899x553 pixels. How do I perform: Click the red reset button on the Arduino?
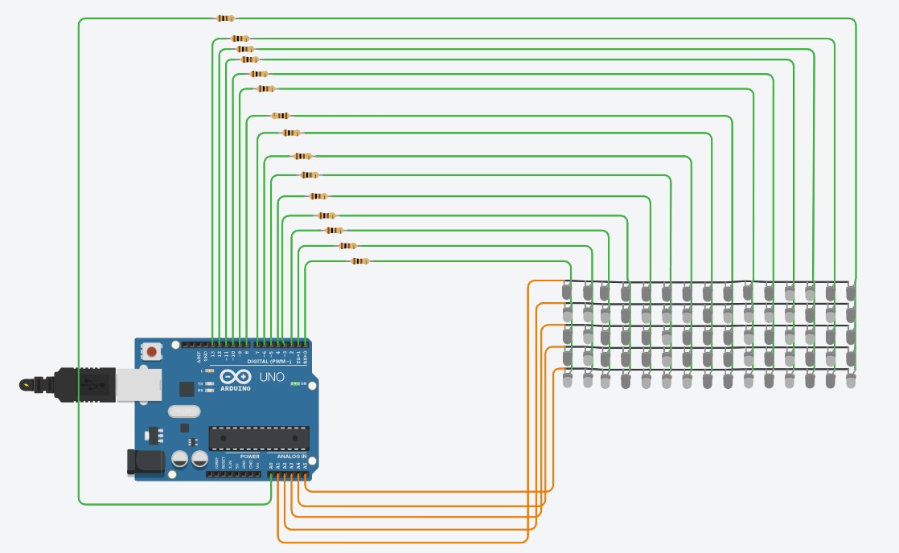coord(150,350)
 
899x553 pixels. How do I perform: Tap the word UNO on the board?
coord(271,377)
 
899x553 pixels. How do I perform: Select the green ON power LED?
coord(296,384)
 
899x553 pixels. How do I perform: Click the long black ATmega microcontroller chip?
coord(259,438)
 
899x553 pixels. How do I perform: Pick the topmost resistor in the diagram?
coord(225,18)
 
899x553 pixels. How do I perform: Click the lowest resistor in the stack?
coord(360,260)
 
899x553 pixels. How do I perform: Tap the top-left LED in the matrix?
coord(568,291)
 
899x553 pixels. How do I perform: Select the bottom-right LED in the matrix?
coord(851,380)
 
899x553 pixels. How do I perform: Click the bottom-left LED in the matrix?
coord(568,380)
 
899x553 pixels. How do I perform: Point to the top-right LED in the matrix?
coord(851,291)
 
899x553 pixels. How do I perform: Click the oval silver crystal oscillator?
coord(184,412)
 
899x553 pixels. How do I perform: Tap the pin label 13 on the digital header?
coord(212,354)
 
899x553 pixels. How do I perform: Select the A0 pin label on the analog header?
coord(272,465)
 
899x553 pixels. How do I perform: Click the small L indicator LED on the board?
coord(209,371)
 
